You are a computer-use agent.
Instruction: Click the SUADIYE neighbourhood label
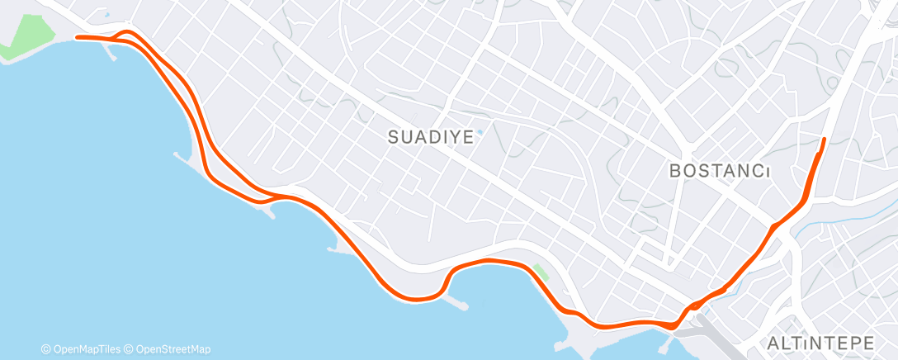click(431, 138)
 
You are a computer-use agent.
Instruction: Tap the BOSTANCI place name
click(719, 171)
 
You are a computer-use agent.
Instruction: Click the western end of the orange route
click(77, 37)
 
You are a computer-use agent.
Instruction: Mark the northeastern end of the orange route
click(825, 138)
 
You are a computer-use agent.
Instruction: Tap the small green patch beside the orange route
click(541, 272)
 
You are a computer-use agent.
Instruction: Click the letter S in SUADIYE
click(394, 138)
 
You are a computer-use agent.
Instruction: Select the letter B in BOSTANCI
click(674, 171)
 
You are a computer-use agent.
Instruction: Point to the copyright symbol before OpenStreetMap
click(130, 348)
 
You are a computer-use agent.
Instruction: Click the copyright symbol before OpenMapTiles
click(46, 348)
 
